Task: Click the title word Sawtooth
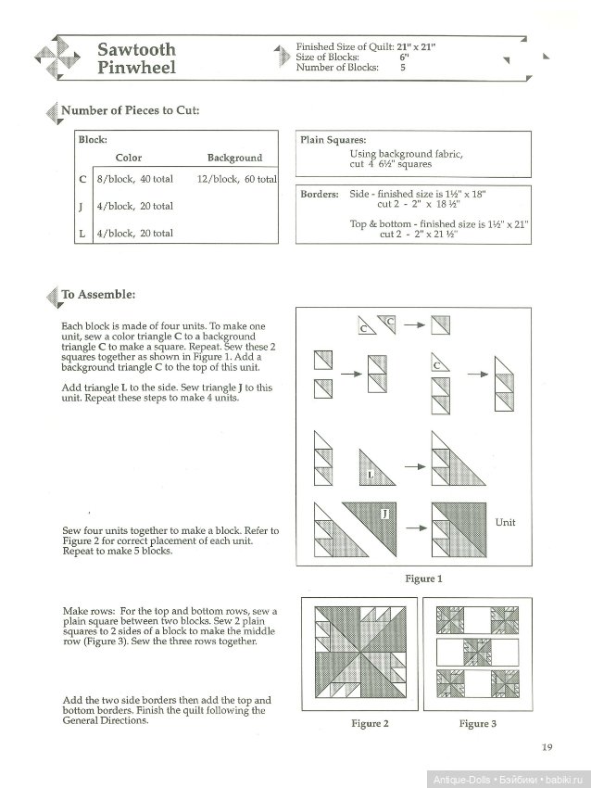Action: [136, 49]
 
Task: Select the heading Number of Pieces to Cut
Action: [130, 111]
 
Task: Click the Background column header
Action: [234, 158]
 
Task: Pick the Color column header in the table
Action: [129, 158]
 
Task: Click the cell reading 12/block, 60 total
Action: [236, 179]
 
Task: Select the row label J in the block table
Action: [82, 206]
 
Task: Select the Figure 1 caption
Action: [423, 578]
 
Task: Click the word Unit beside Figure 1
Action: [505, 523]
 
